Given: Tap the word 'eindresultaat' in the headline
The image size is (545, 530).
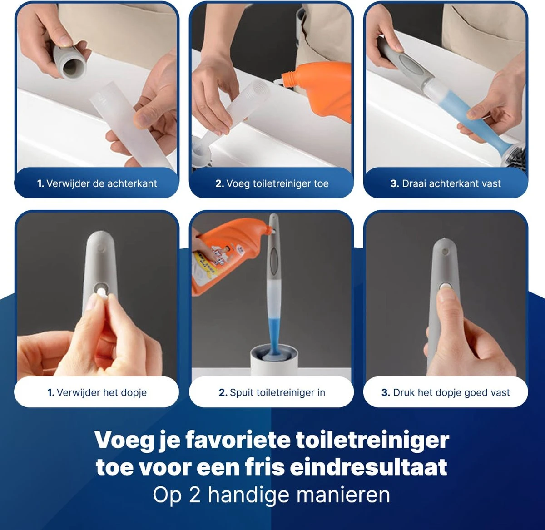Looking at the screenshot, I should (368, 467).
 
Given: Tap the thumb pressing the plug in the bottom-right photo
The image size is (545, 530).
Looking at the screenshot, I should (447, 302).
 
